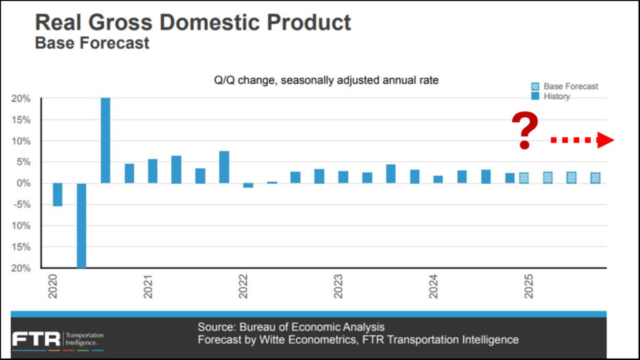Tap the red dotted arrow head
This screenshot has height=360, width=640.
[605, 141]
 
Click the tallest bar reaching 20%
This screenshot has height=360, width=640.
[106, 141]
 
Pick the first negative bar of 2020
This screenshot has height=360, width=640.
[57, 194]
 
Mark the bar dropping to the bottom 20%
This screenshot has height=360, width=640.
[82, 226]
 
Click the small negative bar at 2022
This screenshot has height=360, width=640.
[248, 186]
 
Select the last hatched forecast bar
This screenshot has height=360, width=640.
[596, 177]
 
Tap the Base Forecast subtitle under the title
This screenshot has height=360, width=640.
[92, 43]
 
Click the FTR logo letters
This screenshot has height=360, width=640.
[36, 339]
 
